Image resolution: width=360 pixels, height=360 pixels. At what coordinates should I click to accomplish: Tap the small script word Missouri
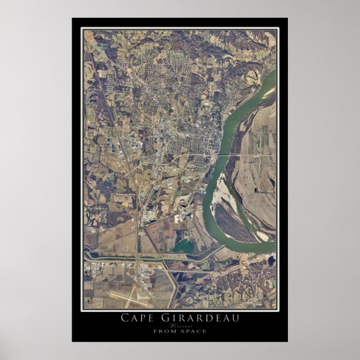click(x=179, y=325)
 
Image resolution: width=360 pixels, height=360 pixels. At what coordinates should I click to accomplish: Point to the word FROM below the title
click(x=163, y=331)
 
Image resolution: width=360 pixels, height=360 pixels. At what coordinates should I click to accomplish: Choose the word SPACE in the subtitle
click(x=193, y=331)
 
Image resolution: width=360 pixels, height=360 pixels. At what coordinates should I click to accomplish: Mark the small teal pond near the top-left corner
click(x=98, y=43)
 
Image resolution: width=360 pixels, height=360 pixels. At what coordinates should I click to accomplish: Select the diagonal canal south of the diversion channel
click(x=171, y=282)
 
